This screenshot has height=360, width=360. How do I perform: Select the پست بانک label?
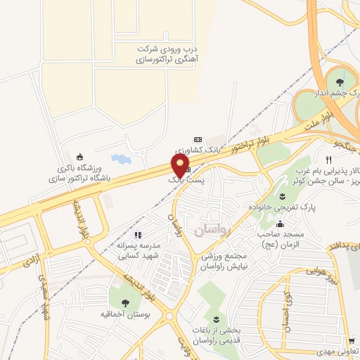coord(184,181)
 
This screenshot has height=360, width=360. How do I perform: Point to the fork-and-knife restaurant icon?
coord(328,160)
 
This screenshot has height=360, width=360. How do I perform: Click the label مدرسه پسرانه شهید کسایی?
coord(138,250)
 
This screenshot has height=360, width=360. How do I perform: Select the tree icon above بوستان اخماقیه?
coord(125,302)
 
